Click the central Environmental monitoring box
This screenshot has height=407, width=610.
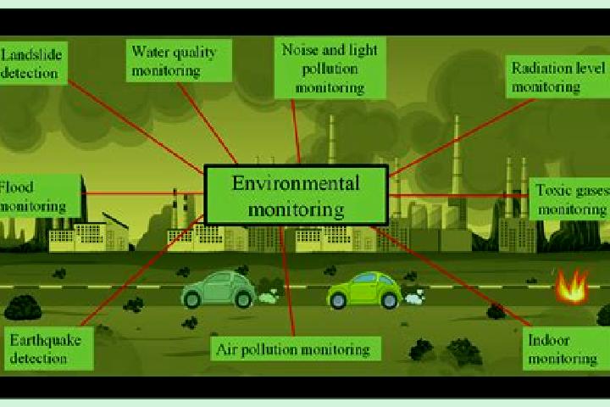tap(296, 195)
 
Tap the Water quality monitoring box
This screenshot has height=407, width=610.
tap(179, 60)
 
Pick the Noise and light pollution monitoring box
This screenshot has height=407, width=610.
tap(330, 68)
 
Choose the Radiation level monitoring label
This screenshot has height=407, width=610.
tap(557, 76)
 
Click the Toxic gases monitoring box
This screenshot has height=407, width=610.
tap(569, 199)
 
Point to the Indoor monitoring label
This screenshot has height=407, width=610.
tap(566, 348)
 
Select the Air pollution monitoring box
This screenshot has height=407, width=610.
tap(296, 348)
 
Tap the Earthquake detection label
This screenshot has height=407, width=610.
tap(49, 348)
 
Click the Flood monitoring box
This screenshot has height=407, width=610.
tap(40, 196)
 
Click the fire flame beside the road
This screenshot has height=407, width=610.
tap(572, 287)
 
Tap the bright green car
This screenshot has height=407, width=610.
tap(364, 291)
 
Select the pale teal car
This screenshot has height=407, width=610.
tap(219, 289)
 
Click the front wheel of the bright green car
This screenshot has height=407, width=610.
tap(338, 301)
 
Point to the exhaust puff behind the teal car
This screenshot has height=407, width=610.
tap(269, 297)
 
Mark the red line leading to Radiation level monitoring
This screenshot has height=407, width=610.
tap(463, 137)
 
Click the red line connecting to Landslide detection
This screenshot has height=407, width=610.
tap(136, 127)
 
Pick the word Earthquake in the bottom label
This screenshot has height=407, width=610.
tap(46, 340)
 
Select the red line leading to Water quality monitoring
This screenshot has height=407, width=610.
tap(208, 123)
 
